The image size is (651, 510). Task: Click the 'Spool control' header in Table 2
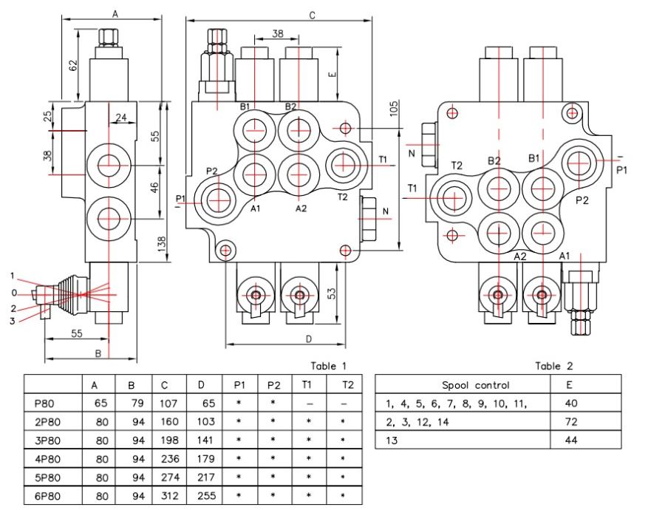tap(465, 385)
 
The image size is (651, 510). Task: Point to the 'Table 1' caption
tap(327, 366)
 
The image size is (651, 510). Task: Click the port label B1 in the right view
tap(534, 158)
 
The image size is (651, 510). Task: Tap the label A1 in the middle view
tap(256, 209)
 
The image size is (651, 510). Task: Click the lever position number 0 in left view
tap(24, 294)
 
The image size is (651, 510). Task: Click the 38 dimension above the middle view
tap(276, 33)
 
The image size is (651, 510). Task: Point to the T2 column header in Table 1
tap(349, 385)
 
